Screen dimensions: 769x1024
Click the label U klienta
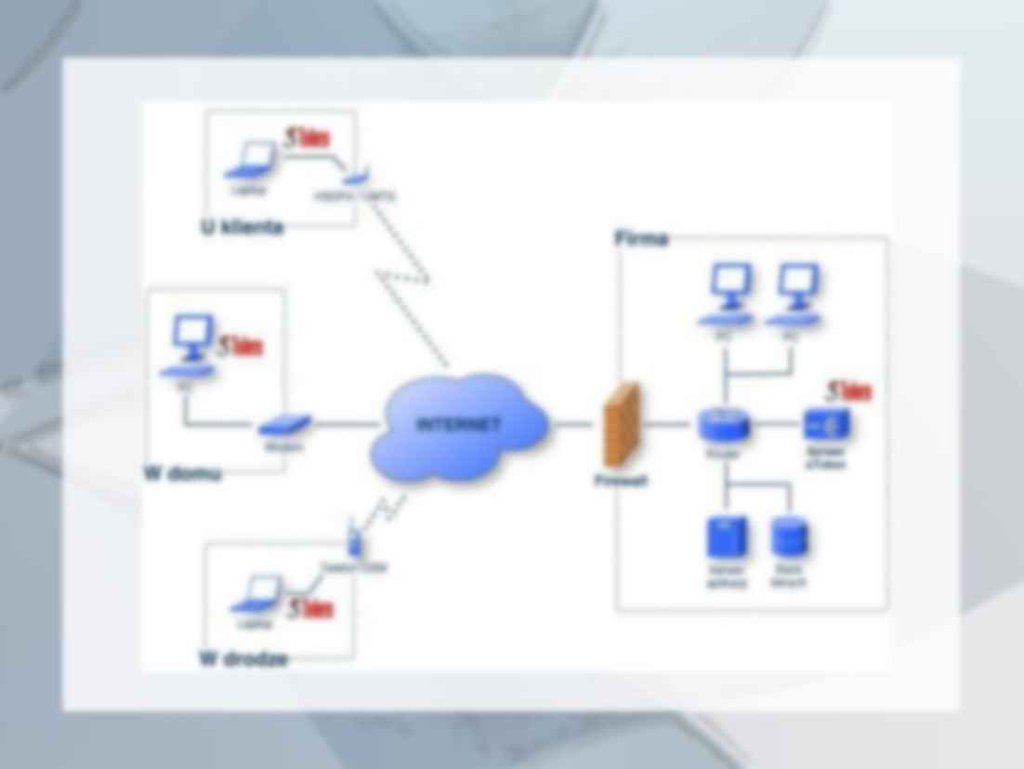coord(242,228)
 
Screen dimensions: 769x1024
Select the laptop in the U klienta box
coord(251,162)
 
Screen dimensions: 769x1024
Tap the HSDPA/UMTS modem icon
coord(355,175)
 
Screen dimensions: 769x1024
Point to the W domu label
coord(183,473)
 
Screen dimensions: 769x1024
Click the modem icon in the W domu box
coord(283,426)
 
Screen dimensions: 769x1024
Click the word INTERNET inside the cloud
coord(457,425)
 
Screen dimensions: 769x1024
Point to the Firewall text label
coord(621,481)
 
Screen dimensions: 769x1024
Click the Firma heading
coord(641,239)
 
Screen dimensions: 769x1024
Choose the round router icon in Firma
coord(724,425)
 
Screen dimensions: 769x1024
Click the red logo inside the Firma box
coord(849,391)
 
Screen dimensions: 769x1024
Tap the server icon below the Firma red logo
coord(826,425)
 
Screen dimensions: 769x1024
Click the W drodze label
coord(243,659)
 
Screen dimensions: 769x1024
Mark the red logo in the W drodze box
coord(309,610)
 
